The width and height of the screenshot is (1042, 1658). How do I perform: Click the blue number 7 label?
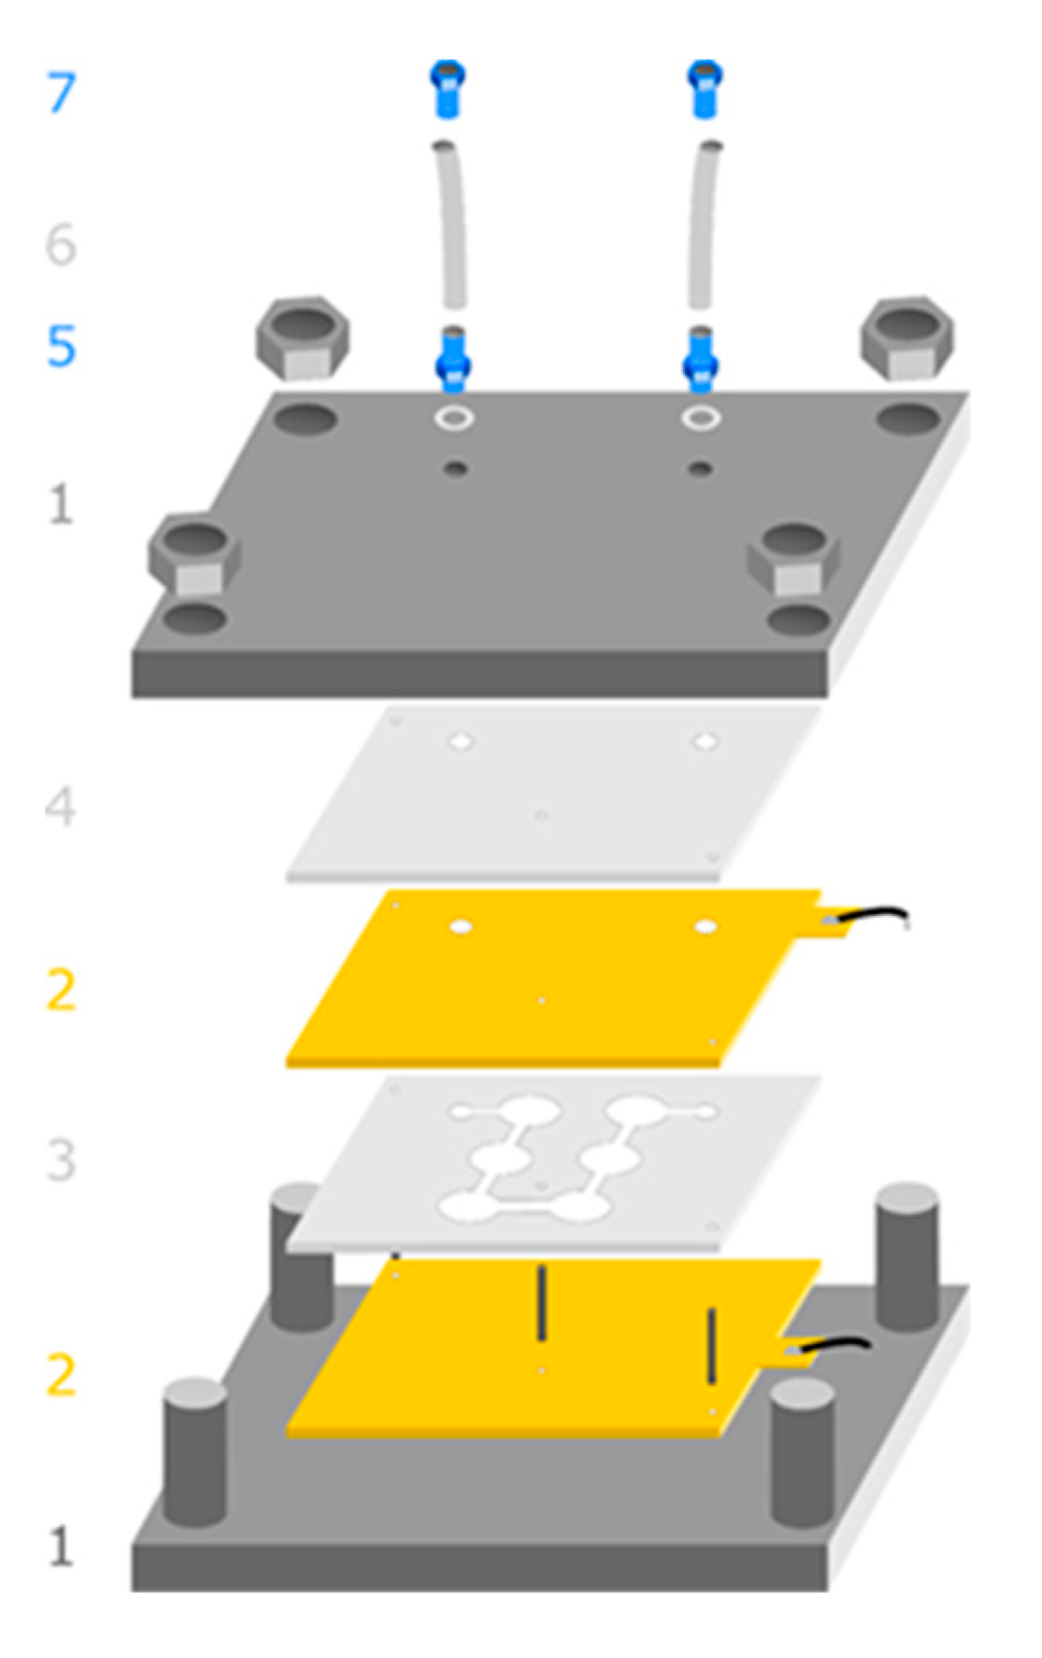pos(61,93)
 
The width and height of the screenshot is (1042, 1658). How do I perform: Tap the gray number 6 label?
pos(61,245)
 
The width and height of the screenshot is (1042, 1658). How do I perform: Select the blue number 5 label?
pos(61,347)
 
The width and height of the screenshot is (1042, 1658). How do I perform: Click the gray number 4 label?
pos(61,807)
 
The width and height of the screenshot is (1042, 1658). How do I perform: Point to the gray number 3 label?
pos(61,1160)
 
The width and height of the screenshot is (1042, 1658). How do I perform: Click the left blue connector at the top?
pos(448,89)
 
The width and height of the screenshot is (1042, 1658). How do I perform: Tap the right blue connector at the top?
pos(705,89)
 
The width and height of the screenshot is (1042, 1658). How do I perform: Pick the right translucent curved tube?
pos(703,224)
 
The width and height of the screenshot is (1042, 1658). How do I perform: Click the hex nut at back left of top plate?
pos(303,337)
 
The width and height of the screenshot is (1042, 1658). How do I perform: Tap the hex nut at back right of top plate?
pos(906,337)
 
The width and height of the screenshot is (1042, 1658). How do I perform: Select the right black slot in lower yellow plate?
pos(711,1345)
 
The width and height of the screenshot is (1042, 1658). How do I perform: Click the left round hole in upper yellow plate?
pos(460,926)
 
